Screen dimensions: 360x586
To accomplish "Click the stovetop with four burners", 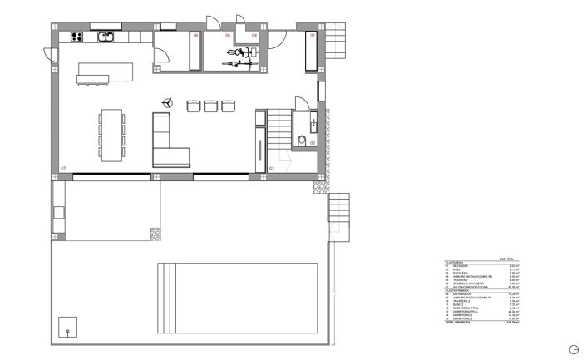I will (x=76, y=36).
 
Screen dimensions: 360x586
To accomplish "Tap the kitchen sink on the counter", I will (x=106, y=36).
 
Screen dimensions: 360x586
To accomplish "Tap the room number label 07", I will (x=63, y=169).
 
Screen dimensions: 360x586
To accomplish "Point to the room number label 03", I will (x=271, y=169).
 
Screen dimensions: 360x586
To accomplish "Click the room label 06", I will (x=196, y=37).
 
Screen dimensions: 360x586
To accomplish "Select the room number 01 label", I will (x=313, y=37).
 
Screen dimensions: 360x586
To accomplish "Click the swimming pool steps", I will (x=165, y=287).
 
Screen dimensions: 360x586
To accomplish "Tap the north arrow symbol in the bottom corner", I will (x=574, y=348).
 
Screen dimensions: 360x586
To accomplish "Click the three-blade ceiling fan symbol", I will (x=166, y=102).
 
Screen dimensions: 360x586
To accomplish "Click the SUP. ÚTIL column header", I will (x=503, y=259).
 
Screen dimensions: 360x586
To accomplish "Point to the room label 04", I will (x=255, y=37).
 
